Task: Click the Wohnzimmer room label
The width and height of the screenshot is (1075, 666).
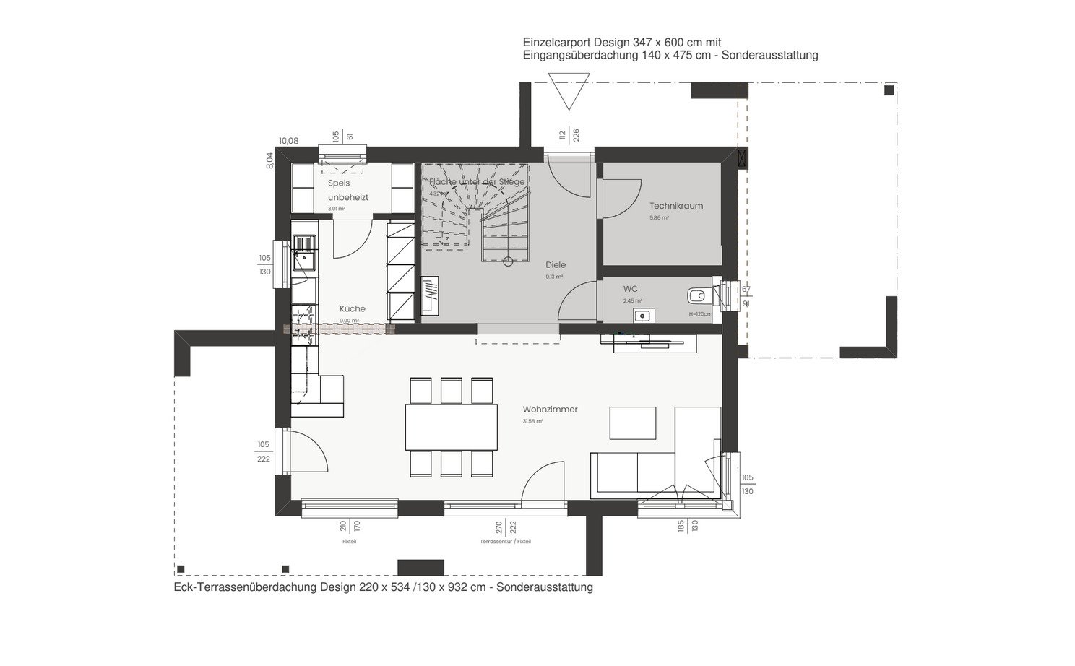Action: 550,410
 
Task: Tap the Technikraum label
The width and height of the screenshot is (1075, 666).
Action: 675,206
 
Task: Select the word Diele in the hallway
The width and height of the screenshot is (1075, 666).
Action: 556,265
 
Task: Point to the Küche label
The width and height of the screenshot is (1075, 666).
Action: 353,308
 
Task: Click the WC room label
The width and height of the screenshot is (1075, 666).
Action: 630,289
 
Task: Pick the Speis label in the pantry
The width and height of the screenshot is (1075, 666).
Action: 339,183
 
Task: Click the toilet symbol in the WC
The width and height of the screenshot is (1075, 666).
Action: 698,295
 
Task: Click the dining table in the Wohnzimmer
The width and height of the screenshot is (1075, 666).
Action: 452,427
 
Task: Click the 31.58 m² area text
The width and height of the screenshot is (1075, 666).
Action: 533,421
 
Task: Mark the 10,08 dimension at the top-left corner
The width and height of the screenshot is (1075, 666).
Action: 289,141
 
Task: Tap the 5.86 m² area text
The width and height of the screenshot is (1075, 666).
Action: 659,217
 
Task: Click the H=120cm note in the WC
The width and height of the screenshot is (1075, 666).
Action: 699,314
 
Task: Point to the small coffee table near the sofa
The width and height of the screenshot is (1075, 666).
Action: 632,423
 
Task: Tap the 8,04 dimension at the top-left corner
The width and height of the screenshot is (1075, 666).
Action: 270,160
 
